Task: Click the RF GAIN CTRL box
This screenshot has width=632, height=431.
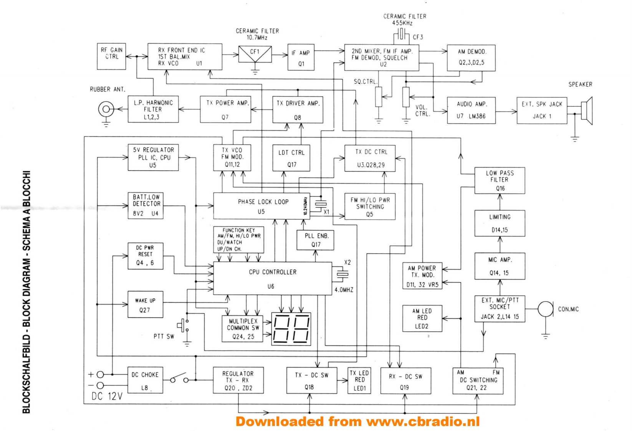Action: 111,56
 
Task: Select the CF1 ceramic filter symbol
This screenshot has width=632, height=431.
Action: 255,54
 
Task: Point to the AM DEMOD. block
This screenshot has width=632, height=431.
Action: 471,58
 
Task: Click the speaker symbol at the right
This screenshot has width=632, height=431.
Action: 587,111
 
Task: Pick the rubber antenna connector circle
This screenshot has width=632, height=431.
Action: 106,109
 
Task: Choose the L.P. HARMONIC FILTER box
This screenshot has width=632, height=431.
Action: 153,109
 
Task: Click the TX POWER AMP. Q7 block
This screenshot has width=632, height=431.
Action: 226,109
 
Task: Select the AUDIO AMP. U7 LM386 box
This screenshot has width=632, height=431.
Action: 471,110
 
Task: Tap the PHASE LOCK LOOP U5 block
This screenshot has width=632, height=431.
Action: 261,206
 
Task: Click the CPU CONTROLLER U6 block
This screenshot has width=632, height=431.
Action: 272,278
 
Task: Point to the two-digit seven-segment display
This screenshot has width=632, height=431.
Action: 291,329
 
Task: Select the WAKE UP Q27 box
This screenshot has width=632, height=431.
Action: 145,305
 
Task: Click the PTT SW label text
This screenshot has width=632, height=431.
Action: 164,337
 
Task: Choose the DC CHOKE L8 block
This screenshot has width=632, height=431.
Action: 145,380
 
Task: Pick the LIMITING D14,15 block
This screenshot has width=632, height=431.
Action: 500,223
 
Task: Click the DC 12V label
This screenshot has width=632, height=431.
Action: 107,396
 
